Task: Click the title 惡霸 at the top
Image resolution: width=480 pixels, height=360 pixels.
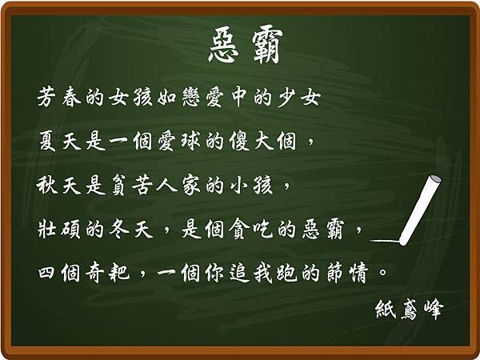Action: (x=246, y=46)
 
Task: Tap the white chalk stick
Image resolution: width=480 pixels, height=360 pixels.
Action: (x=421, y=210)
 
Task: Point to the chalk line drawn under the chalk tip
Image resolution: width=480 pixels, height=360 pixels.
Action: (x=385, y=242)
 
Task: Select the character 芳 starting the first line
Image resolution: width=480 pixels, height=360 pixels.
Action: (x=46, y=97)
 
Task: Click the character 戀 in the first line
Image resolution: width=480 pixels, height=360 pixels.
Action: (x=190, y=97)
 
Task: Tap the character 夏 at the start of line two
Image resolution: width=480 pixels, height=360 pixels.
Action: (x=47, y=141)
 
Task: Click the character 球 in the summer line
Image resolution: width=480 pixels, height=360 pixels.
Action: (x=190, y=141)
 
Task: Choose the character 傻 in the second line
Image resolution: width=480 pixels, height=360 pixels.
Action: (x=239, y=141)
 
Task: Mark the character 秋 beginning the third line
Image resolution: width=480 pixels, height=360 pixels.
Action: (x=47, y=186)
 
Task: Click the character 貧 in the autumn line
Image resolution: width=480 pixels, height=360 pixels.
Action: (x=118, y=186)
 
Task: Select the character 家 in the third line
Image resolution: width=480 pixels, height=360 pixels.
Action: (x=190, y=186)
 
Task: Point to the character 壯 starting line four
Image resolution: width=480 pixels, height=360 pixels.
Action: (x=47, y=229)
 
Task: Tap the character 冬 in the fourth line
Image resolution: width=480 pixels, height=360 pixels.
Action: (x=118, y=229)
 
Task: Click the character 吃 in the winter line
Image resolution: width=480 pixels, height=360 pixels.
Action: (x=262, y=229)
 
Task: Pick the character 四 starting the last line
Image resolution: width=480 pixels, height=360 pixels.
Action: (x=47, y=273)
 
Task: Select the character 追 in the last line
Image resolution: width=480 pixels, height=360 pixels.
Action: (x=239, y=273)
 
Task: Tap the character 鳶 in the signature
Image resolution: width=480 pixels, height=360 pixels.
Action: (x=410, y=310)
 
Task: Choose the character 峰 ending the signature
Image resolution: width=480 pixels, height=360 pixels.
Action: (x=434, y=310)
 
